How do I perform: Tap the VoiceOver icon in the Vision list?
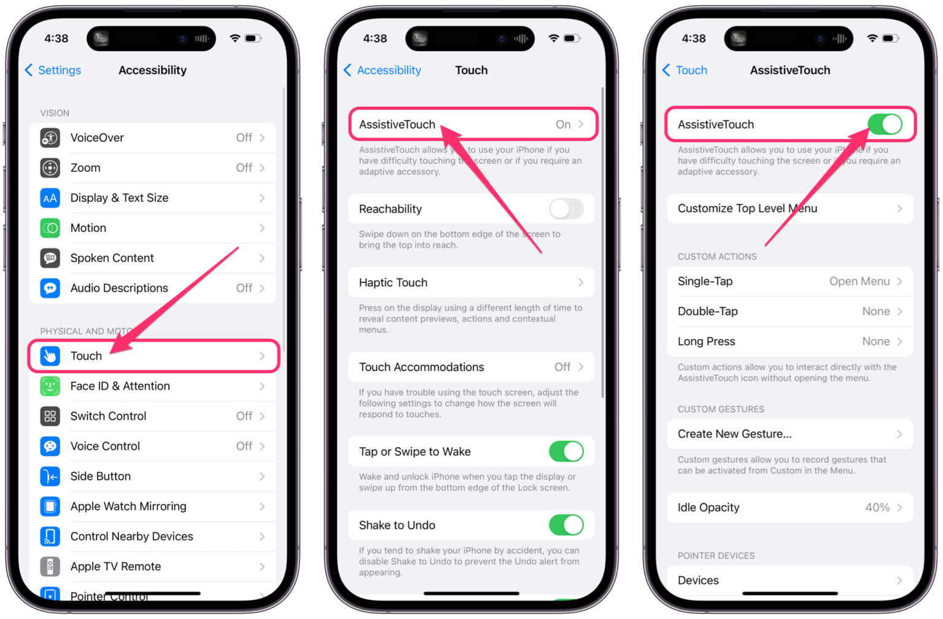pyautogui.click(x=50, y=138)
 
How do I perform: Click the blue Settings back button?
pyautogui.click(x=53, y=70)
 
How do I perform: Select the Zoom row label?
pyautogui.click(x=85, y=168)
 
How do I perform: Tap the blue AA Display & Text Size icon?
pyautogui.click(x=50, y=198)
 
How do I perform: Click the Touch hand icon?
pyautogui.click(x=50, y=356)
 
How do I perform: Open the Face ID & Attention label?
pyautogui.click(x=120, y=386)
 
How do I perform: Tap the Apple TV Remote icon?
pyautogui.click(x=50, y=566)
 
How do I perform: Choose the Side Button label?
pyautogui.click(x=100, y=476)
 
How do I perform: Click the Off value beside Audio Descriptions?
pyautogui.click(x=244, y=288)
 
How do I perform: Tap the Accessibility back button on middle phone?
pyautogui.click(x=382, y=70)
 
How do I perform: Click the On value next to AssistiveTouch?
pyautogui.click(x=563, y=125)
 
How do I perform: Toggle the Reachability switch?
pyautogui.click(x=566, y=209)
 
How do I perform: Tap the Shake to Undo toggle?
pyautogui.click(x=566, y=525)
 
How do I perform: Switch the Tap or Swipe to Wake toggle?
pyautogui.click(x=566, y=451)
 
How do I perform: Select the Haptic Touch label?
pyautogui.click(x=393, y=282)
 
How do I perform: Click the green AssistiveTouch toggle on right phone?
pyautogui.click(x=885, y=125)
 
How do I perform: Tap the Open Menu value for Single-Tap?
pyautogui.click(x=859, y=281)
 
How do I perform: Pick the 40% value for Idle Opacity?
pyautogui.click(x=877, y=507)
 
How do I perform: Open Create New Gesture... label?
pyautogui.click(x=734, y=434)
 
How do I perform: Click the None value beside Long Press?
pyautogui.click(x=875, y=341)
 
